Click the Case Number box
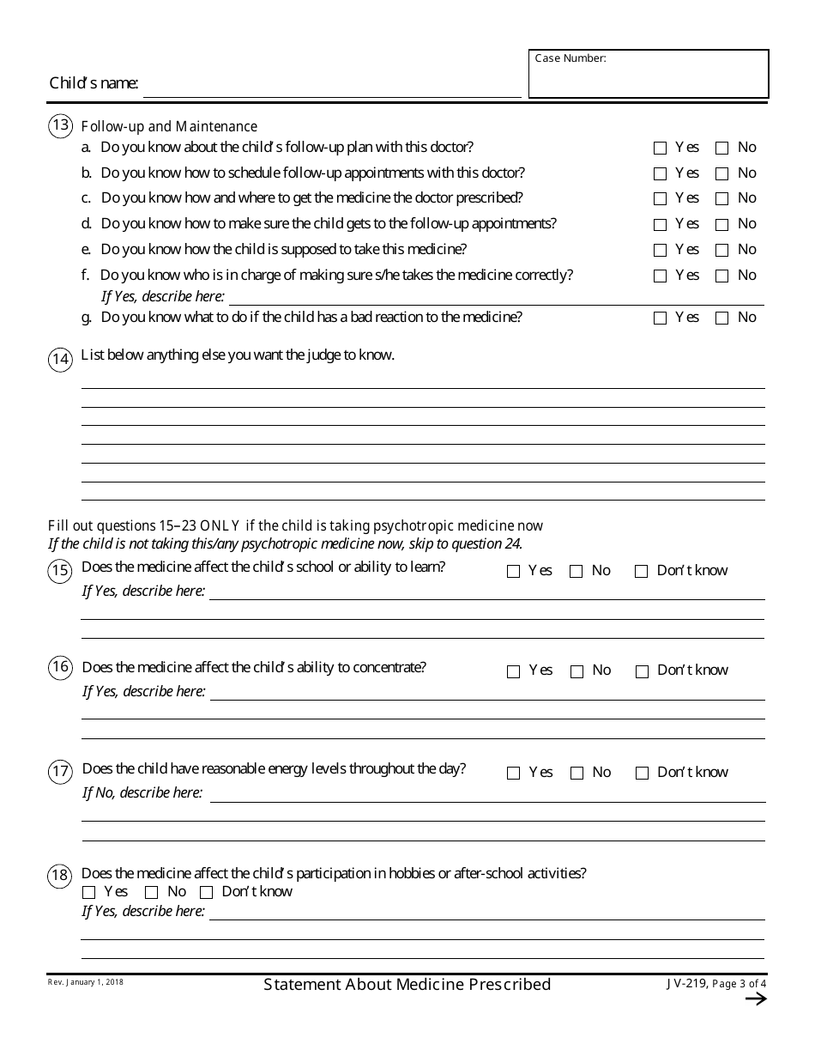649,74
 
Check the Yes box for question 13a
660,148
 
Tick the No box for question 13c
722,199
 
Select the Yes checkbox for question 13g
660,319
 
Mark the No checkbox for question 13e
722,251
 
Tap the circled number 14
61,359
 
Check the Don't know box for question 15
641,572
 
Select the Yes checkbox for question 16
514,671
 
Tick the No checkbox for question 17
577,774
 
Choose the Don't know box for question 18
207,893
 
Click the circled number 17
61,772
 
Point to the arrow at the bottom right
755,998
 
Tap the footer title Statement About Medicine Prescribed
407,985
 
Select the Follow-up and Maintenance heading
169,126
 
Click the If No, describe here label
142,792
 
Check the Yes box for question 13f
660,276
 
